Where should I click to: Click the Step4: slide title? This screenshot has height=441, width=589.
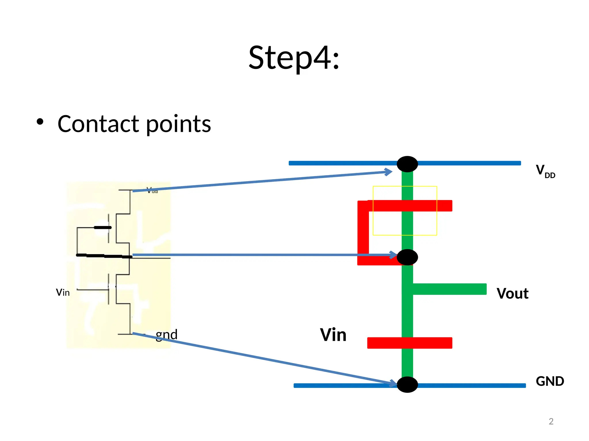coord(294,58)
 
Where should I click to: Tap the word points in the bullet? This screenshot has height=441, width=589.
coord(178,125)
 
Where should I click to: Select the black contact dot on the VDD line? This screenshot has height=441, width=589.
coord(407,164)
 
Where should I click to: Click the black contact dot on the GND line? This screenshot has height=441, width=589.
coord(407,385)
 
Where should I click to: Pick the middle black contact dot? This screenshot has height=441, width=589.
coord(407,257)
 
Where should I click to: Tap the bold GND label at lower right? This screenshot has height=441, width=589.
coord(550,381)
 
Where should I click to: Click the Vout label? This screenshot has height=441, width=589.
coord(512,293)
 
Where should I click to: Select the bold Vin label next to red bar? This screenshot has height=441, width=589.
coord(333,335)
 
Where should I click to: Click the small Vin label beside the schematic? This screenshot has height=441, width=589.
coord(63,293)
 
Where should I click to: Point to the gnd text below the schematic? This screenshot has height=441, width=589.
coord(167,335)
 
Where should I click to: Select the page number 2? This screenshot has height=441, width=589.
coord(551,421)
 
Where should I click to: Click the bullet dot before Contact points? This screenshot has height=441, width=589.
coord(40,122)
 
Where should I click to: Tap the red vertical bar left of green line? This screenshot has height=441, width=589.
coord(363,233)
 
